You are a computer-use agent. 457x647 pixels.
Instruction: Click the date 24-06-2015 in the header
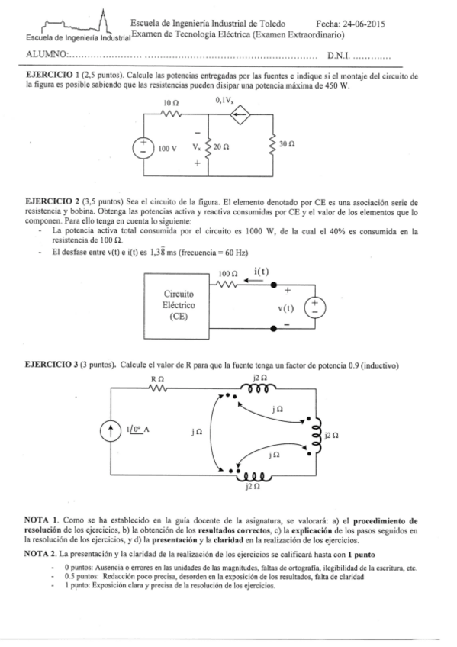365,24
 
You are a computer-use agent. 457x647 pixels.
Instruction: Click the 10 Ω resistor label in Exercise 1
171,102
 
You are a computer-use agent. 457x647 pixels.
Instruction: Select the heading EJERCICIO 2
55,200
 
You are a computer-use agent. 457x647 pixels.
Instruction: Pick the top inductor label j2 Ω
259,378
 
